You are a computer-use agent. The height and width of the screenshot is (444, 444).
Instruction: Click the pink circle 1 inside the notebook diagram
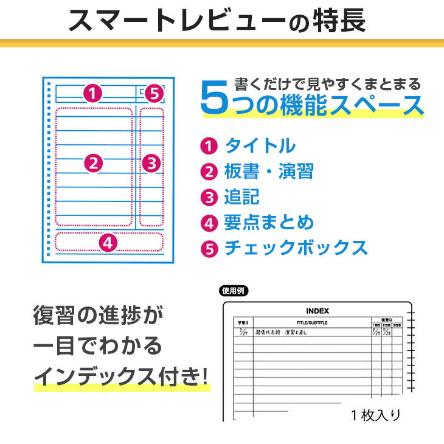coord(91,94)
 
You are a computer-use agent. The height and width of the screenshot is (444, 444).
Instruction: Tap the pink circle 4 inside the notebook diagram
coord(108,243)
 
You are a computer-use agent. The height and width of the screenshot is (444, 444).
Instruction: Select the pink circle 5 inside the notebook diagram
coord(154,94)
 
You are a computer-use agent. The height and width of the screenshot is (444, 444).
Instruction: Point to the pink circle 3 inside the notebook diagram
coord(151,162)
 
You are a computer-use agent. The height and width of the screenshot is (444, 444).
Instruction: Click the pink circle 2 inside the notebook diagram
coord(93,162)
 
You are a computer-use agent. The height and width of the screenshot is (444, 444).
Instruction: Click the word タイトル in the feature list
coord(260,146)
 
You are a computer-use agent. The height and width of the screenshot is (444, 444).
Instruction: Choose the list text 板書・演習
coord(269,172)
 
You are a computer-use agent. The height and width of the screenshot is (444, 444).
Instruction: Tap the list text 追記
coord(242,197)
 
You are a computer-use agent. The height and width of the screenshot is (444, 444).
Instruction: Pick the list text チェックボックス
coord(296,248)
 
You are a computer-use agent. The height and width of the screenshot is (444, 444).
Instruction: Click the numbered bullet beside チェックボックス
coord(209,249)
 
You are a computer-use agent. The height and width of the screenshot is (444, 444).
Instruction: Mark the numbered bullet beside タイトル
coord(209,147)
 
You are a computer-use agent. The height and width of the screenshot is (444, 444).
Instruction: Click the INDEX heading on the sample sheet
coord(317,311)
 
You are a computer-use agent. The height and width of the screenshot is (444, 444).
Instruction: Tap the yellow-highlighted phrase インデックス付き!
coord(120,376)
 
